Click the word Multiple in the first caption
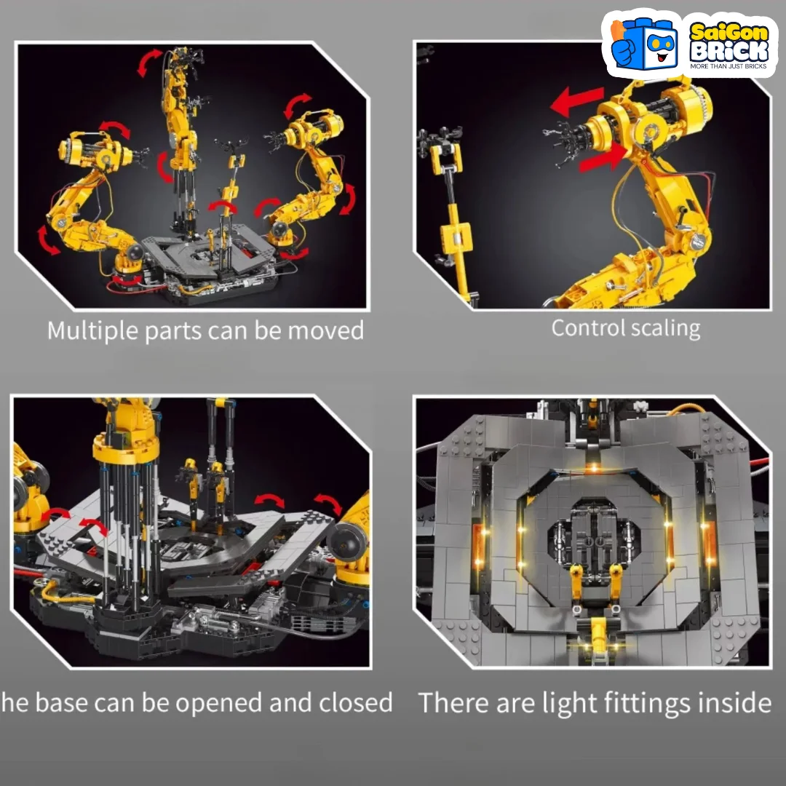click(92, 331)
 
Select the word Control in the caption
click(587, 328)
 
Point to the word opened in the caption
click(218, 703)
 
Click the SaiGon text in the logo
click(729, 33)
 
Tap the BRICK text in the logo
click(729, 51)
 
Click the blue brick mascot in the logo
click(644, 44)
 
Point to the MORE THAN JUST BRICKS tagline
click(729, 66)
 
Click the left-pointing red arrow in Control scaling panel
click(576, 100)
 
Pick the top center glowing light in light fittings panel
click(593, 467)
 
